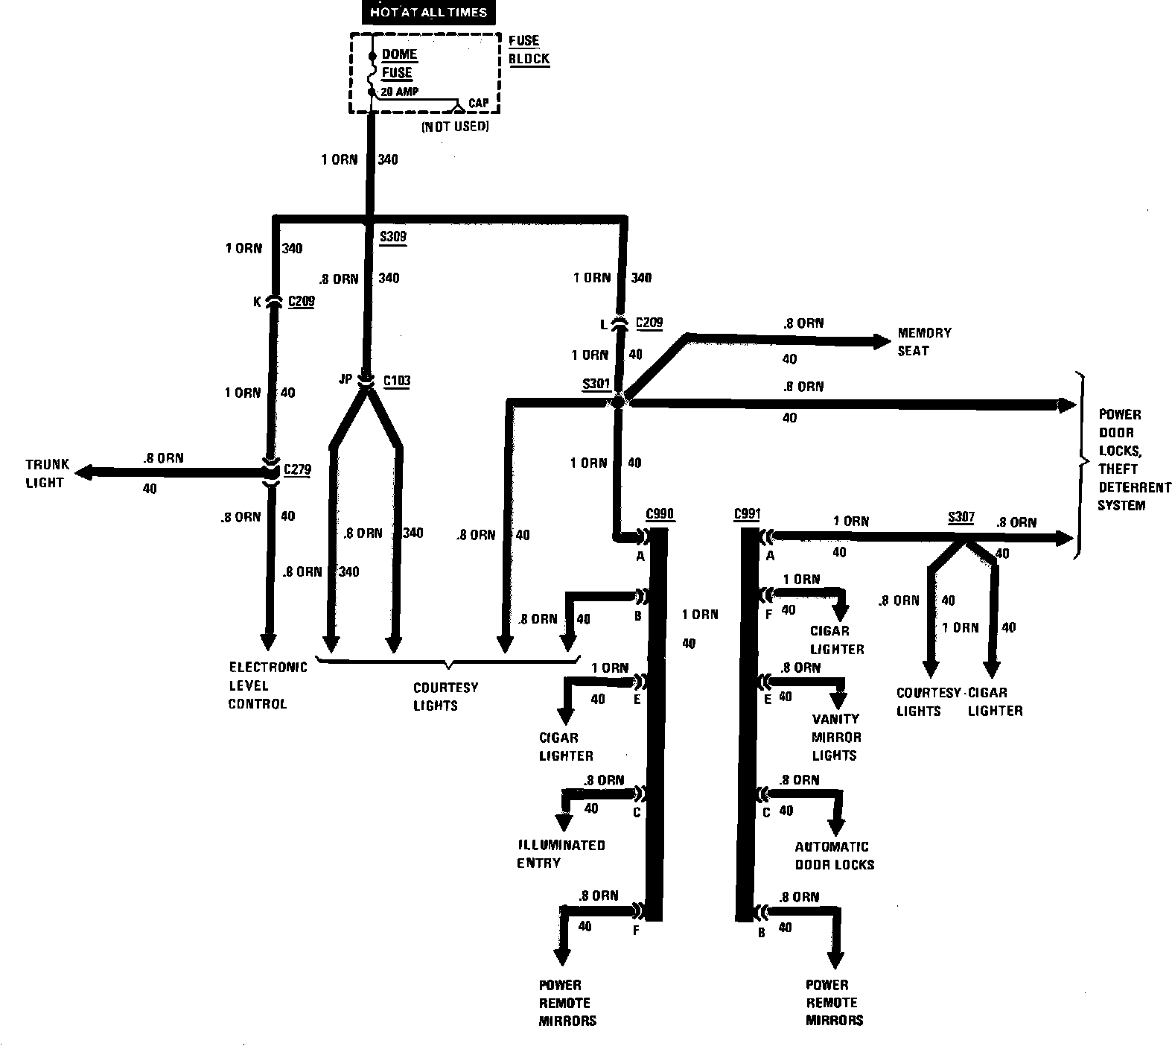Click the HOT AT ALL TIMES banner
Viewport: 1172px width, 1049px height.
pyautogui.click(x=428, y=13)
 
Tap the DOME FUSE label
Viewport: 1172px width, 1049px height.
pyautogui.click(x=398, y=63)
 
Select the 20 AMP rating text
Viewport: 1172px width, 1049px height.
pyautogui.click(x=399, y=92)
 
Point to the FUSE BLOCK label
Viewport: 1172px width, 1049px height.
pyautogui.click(x=529, y=50)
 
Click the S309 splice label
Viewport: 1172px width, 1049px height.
pyautogui.click(x=393, y=238)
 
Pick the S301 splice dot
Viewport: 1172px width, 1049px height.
pyautogui.click(x=617, y=402)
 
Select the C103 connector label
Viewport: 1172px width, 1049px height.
pyautogui.click(x=396, y=381)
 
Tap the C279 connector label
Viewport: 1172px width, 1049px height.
pyautogui.click(x=298, y=469)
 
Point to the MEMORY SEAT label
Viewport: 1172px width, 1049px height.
pyautogui.click(x=923, y=341)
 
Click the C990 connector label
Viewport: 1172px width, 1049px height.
pyautogui.click(x=660, y=513)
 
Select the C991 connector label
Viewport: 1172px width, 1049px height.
pyautogui.click(x=747, y=513)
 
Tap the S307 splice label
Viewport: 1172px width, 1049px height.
pyautogui.click(x=961, y=517)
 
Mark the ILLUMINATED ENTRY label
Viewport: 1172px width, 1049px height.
pyautogui.click(x=561, y=854)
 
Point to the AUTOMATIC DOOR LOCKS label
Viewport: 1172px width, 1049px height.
pyautogui.click(x=834, y=855)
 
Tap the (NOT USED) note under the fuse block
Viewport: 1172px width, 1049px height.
pyautogui.click(x=455, y=127)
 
